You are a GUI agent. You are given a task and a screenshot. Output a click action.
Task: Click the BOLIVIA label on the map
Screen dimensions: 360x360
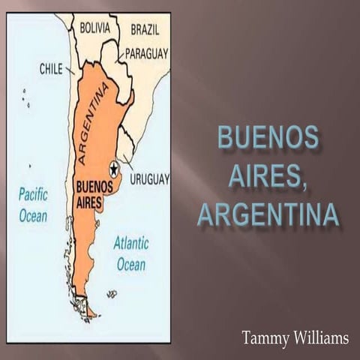95,28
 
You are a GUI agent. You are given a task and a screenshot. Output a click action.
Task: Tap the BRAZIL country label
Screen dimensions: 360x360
145,29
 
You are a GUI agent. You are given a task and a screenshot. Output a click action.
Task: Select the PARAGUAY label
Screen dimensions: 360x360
146,53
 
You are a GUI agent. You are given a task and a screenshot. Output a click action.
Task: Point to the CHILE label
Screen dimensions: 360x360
51,69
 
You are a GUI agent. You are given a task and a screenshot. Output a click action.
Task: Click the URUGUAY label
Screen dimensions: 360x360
149,179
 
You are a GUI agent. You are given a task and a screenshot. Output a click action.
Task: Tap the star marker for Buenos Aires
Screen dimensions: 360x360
114,168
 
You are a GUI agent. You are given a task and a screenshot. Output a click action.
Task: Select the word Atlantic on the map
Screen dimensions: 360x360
130,243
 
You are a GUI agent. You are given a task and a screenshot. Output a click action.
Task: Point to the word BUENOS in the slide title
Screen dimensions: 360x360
268,138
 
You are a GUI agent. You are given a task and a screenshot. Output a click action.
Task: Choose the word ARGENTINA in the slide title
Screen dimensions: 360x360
268,214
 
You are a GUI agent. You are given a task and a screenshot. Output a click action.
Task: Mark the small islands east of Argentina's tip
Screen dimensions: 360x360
112,295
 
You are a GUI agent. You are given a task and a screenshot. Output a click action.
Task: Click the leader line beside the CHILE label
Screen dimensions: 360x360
70,71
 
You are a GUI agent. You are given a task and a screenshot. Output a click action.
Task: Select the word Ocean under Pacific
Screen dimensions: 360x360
33,216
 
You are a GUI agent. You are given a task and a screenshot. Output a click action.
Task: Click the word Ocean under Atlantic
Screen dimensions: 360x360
130,265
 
